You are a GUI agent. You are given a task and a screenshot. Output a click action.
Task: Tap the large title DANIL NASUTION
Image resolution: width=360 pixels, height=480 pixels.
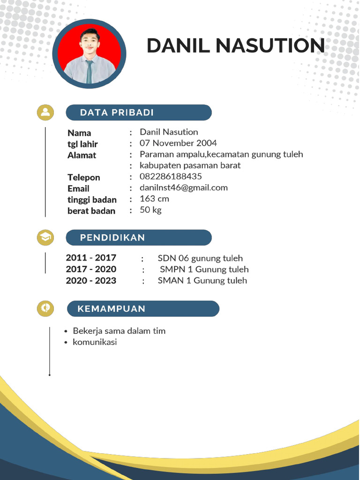235,46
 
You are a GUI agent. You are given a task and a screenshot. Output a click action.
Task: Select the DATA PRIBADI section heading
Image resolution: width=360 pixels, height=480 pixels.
117,112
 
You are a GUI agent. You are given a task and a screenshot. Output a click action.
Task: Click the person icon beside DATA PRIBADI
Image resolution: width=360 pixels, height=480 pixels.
45,112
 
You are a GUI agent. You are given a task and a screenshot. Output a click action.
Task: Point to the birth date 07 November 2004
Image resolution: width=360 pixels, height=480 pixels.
178,143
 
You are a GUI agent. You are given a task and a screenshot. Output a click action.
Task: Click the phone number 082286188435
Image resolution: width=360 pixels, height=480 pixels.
171,177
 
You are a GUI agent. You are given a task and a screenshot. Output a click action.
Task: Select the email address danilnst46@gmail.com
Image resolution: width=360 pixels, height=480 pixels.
184,187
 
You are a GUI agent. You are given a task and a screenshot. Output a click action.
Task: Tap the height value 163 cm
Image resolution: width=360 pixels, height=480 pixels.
154,199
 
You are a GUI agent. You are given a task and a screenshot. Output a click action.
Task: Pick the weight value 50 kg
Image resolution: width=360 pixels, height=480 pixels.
150,210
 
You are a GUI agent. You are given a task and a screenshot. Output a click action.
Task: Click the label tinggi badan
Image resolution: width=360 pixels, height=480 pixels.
92,200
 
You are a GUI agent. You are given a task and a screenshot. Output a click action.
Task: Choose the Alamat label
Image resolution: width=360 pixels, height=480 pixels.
82,155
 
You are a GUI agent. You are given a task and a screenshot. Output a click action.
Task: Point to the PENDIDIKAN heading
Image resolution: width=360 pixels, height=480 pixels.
112,238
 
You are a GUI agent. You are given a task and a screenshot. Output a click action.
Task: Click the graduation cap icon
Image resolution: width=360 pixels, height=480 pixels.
45,238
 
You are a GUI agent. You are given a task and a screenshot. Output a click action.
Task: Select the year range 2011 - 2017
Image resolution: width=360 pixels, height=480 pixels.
91,258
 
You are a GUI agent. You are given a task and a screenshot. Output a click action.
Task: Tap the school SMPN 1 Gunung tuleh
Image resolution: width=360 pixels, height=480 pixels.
204,270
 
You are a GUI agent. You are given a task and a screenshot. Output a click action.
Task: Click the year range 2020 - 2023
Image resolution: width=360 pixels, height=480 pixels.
91,281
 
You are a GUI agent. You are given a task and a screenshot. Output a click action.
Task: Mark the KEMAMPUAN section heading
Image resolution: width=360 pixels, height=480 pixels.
112,309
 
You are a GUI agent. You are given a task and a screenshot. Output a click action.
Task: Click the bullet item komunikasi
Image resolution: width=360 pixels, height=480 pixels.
95,342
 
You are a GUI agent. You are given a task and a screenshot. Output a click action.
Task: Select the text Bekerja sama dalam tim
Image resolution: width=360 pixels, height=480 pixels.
119,331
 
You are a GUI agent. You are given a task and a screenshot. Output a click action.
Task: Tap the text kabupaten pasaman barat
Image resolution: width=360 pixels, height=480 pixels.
190,165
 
